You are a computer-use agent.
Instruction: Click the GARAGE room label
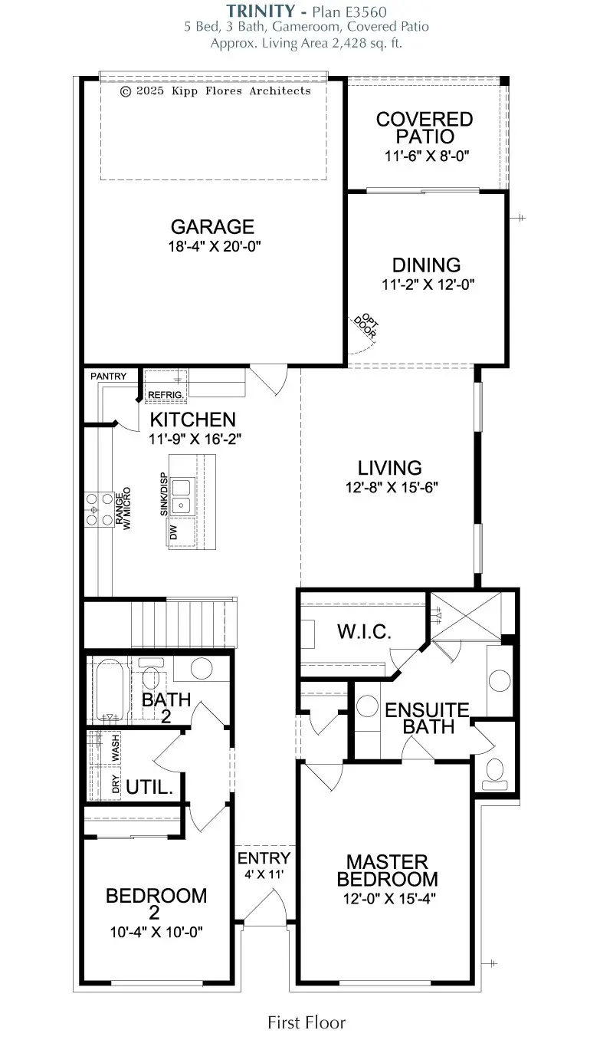point(212,227)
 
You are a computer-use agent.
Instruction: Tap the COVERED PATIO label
point(425,128)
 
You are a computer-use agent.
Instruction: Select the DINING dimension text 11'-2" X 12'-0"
point(426,285)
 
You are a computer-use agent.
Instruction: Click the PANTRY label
point(108,377)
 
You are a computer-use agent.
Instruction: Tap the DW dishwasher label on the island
point(173,530)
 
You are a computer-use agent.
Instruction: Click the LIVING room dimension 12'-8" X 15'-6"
point(390,486)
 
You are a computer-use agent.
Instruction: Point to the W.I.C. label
point(365,632)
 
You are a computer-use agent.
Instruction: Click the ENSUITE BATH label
point(427,718)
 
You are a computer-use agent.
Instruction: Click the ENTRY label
point(264,858)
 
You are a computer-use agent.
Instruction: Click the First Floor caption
point(306,1022)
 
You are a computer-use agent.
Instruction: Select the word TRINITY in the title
point(260,10)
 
